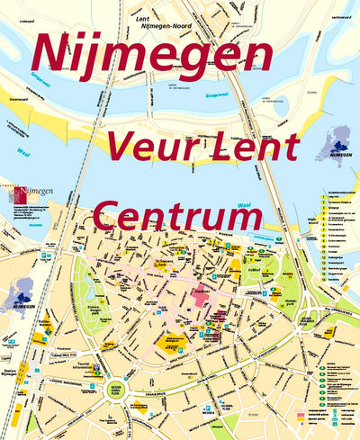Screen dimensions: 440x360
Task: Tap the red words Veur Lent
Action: [x=203, y=145]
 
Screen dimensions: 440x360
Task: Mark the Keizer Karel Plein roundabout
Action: [x=116, y=390]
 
